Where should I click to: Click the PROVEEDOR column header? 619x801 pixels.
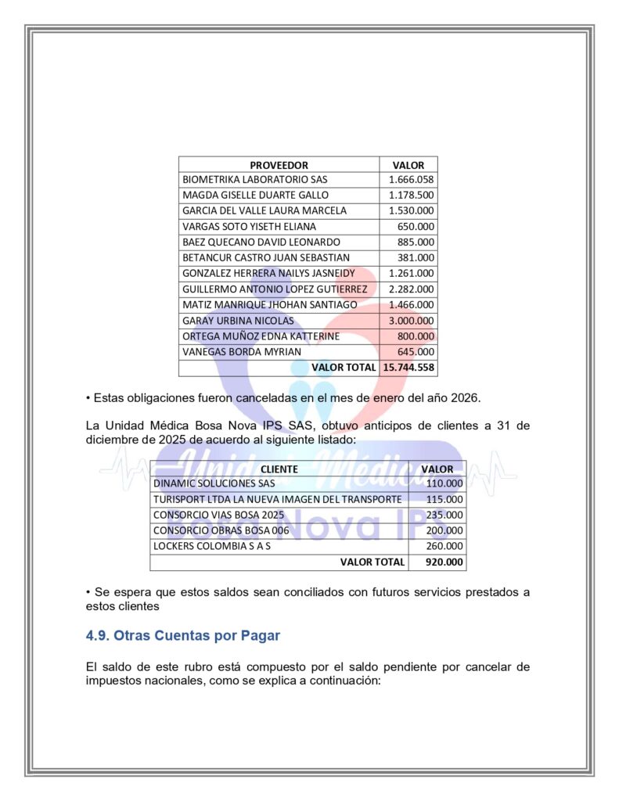279,165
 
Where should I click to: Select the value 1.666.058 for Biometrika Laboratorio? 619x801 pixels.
411,180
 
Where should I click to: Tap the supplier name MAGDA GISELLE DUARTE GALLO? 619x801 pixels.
255,196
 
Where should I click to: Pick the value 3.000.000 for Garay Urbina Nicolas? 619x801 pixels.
411,321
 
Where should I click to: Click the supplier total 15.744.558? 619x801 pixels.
408,368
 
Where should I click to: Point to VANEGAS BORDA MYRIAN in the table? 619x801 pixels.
241,352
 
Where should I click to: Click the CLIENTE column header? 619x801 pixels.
279,469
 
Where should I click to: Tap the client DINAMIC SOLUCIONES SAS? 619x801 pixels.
214,483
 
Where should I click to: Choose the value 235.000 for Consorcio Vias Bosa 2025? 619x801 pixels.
445,515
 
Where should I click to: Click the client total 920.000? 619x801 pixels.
444,562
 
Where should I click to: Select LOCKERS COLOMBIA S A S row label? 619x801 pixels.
211,546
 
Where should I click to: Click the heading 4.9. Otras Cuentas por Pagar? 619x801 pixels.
183,635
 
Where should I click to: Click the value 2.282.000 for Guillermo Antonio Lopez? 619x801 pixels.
411,289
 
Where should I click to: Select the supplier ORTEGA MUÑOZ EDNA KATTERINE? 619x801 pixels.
261,336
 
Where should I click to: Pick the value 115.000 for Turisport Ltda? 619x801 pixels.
445,499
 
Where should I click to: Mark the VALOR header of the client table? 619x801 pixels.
437,469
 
